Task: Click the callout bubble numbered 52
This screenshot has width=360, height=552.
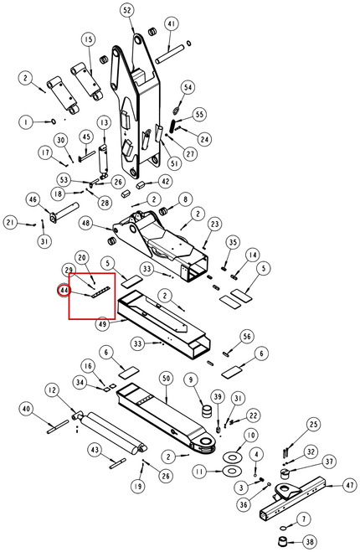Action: (x=127, y=11)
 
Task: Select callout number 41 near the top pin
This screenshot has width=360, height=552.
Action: (x=171, y=24)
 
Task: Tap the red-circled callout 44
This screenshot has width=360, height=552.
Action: (x=64, y=291)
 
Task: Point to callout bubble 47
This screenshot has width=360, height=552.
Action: (x=349, y=486)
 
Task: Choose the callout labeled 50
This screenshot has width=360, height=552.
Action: (x=166, y=379)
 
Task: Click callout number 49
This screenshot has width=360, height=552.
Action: (x=103, y=324)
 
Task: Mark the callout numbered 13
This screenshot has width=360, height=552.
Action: (x=104, y=122)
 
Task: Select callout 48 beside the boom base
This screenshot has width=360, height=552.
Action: (x=86, y=223)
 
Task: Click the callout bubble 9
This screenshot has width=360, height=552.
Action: (x=191, y=379)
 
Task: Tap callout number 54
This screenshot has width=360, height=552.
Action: (x=188, y=87)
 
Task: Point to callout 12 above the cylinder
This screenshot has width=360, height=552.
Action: (x=52, y=390)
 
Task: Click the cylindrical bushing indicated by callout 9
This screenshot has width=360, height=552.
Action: (x=208, y=411)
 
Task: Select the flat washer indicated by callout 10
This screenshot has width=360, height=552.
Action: (x=232, y=457)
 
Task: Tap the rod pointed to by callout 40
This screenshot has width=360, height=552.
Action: (x=58, y=426)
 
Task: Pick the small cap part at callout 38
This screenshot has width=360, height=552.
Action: (x=282, y=542)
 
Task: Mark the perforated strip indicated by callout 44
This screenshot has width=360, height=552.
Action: (x=100, y=292)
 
